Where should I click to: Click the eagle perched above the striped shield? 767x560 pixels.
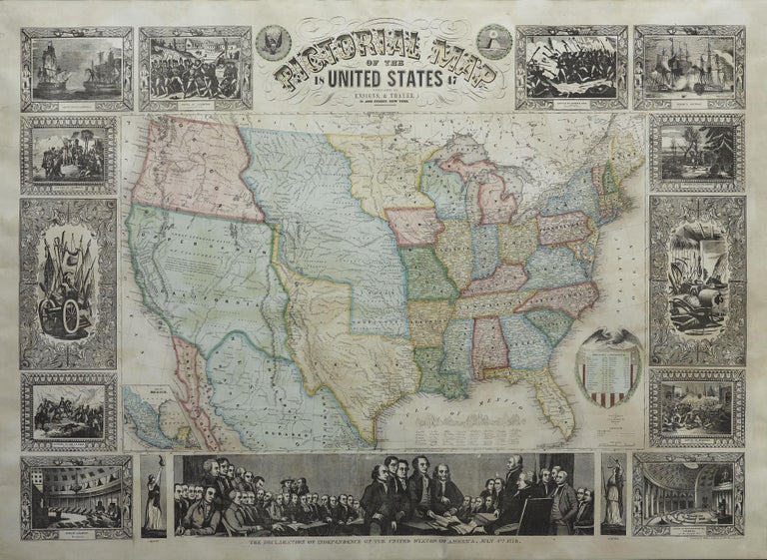pos(612,335)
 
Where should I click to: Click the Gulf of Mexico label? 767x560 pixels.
pos(439,414)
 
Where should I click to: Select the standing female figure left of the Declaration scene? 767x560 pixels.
pos(153,496)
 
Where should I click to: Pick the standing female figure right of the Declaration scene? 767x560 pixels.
pos(613,496)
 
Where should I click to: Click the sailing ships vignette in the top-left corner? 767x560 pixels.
pos(77,69)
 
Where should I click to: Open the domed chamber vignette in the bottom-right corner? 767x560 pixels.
pos(689,496)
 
